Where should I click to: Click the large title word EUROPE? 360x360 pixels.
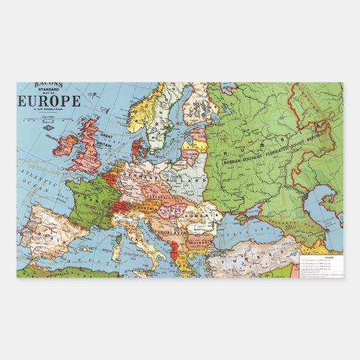tap(50, 102)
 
